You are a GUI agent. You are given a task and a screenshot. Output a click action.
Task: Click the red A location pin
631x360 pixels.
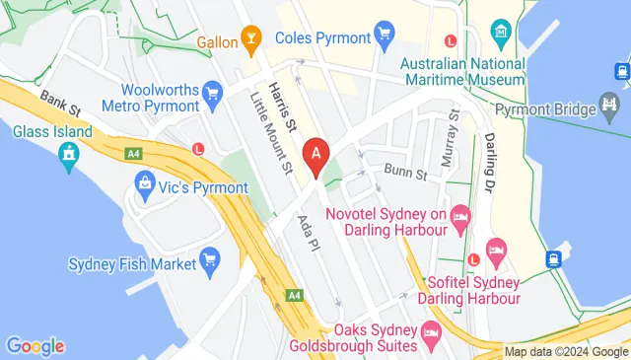(x=316, y=155)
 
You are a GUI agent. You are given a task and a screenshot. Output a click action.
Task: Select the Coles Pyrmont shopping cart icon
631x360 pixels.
(x=385, y=38)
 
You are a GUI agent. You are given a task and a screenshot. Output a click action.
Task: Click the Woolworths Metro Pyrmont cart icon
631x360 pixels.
(x=211, y=94)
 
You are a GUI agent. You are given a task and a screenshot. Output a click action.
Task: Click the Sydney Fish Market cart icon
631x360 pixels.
(x=209, y=260)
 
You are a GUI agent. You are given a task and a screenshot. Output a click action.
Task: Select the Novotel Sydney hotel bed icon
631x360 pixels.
(x=459, y=215)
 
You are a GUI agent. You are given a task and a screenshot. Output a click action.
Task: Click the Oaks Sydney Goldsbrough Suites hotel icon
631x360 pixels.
(x=431, y=334)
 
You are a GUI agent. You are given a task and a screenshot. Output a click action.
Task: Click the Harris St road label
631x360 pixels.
(x=286, y=108)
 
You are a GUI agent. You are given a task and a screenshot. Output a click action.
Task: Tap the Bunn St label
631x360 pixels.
(x=404, y=175)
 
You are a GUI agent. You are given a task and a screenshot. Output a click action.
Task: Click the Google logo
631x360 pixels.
(x=35, y=346)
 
